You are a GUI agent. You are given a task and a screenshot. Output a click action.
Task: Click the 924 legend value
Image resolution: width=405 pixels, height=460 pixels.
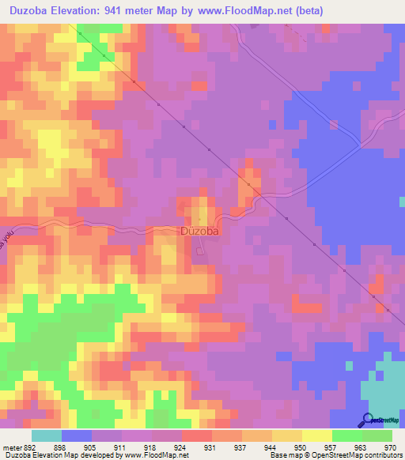181,447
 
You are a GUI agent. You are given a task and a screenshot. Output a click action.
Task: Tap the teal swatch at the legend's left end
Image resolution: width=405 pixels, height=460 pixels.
47,435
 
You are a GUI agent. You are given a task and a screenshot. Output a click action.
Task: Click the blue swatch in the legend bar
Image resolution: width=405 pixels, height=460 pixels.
77,435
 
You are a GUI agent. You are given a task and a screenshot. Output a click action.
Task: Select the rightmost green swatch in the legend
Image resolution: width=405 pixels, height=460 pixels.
377,435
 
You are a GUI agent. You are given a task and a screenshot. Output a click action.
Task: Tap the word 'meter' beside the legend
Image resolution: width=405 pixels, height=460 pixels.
12,447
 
